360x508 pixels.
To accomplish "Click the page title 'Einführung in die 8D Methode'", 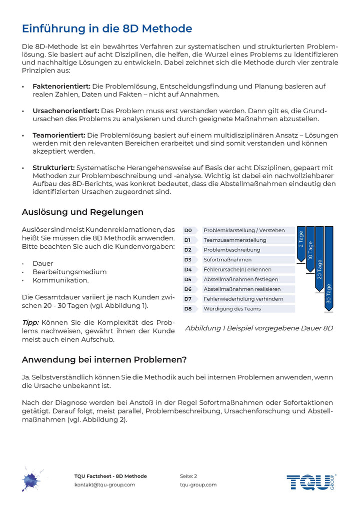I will (107, 28).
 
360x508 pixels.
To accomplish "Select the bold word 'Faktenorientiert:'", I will (61, 87).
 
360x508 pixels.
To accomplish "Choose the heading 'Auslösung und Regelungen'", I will (82, 212).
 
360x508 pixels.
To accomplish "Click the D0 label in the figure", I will (188, 230).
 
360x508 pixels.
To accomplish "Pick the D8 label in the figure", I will (188, 309).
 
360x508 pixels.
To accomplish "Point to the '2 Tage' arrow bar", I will (301, 243).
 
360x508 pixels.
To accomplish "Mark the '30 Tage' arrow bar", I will (328, 270).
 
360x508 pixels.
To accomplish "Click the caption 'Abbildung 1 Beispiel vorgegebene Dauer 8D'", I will (259, 328).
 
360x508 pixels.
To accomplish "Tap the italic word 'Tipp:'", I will (30, 322).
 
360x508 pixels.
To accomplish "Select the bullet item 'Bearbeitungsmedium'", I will (69, 272).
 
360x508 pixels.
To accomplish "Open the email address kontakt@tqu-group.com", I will (104, 484).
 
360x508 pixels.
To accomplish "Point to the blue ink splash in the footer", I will (31, 479).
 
